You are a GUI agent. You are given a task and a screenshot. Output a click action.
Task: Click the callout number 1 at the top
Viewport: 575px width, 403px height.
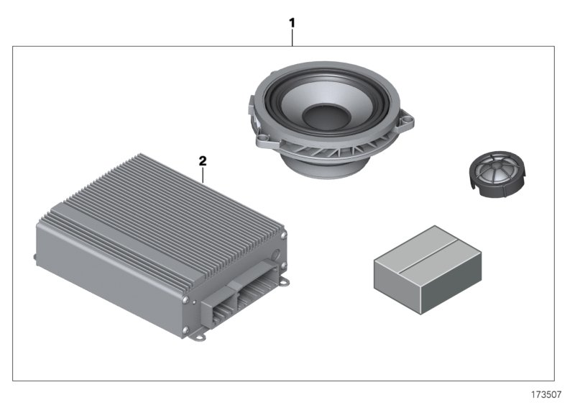(x=292, y=22)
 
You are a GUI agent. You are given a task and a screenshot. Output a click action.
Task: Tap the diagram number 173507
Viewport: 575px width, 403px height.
(x=546, y=394)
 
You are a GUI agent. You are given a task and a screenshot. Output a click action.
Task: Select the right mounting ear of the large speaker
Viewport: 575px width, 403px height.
(x=410, y=124)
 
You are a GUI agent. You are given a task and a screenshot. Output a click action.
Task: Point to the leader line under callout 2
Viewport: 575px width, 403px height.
(x=203, y=173)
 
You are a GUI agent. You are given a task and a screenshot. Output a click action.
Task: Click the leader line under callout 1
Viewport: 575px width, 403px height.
(x=292, y=37)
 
